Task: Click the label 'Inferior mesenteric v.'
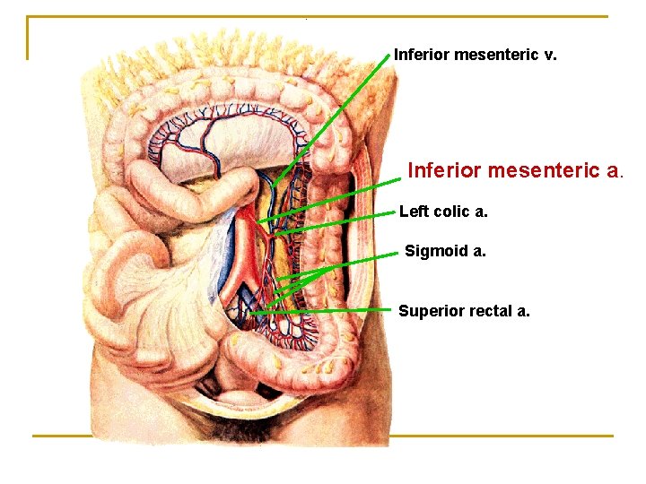(x=475, y=55)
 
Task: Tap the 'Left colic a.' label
(x=443, y=212)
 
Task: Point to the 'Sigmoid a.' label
(x=445, y=251)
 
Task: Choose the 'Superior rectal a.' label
(x=464, y=311)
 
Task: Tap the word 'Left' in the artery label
(x=414, y=212)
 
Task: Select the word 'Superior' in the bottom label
(x=428, y=311)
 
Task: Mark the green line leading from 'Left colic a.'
(x=341, y=222)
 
